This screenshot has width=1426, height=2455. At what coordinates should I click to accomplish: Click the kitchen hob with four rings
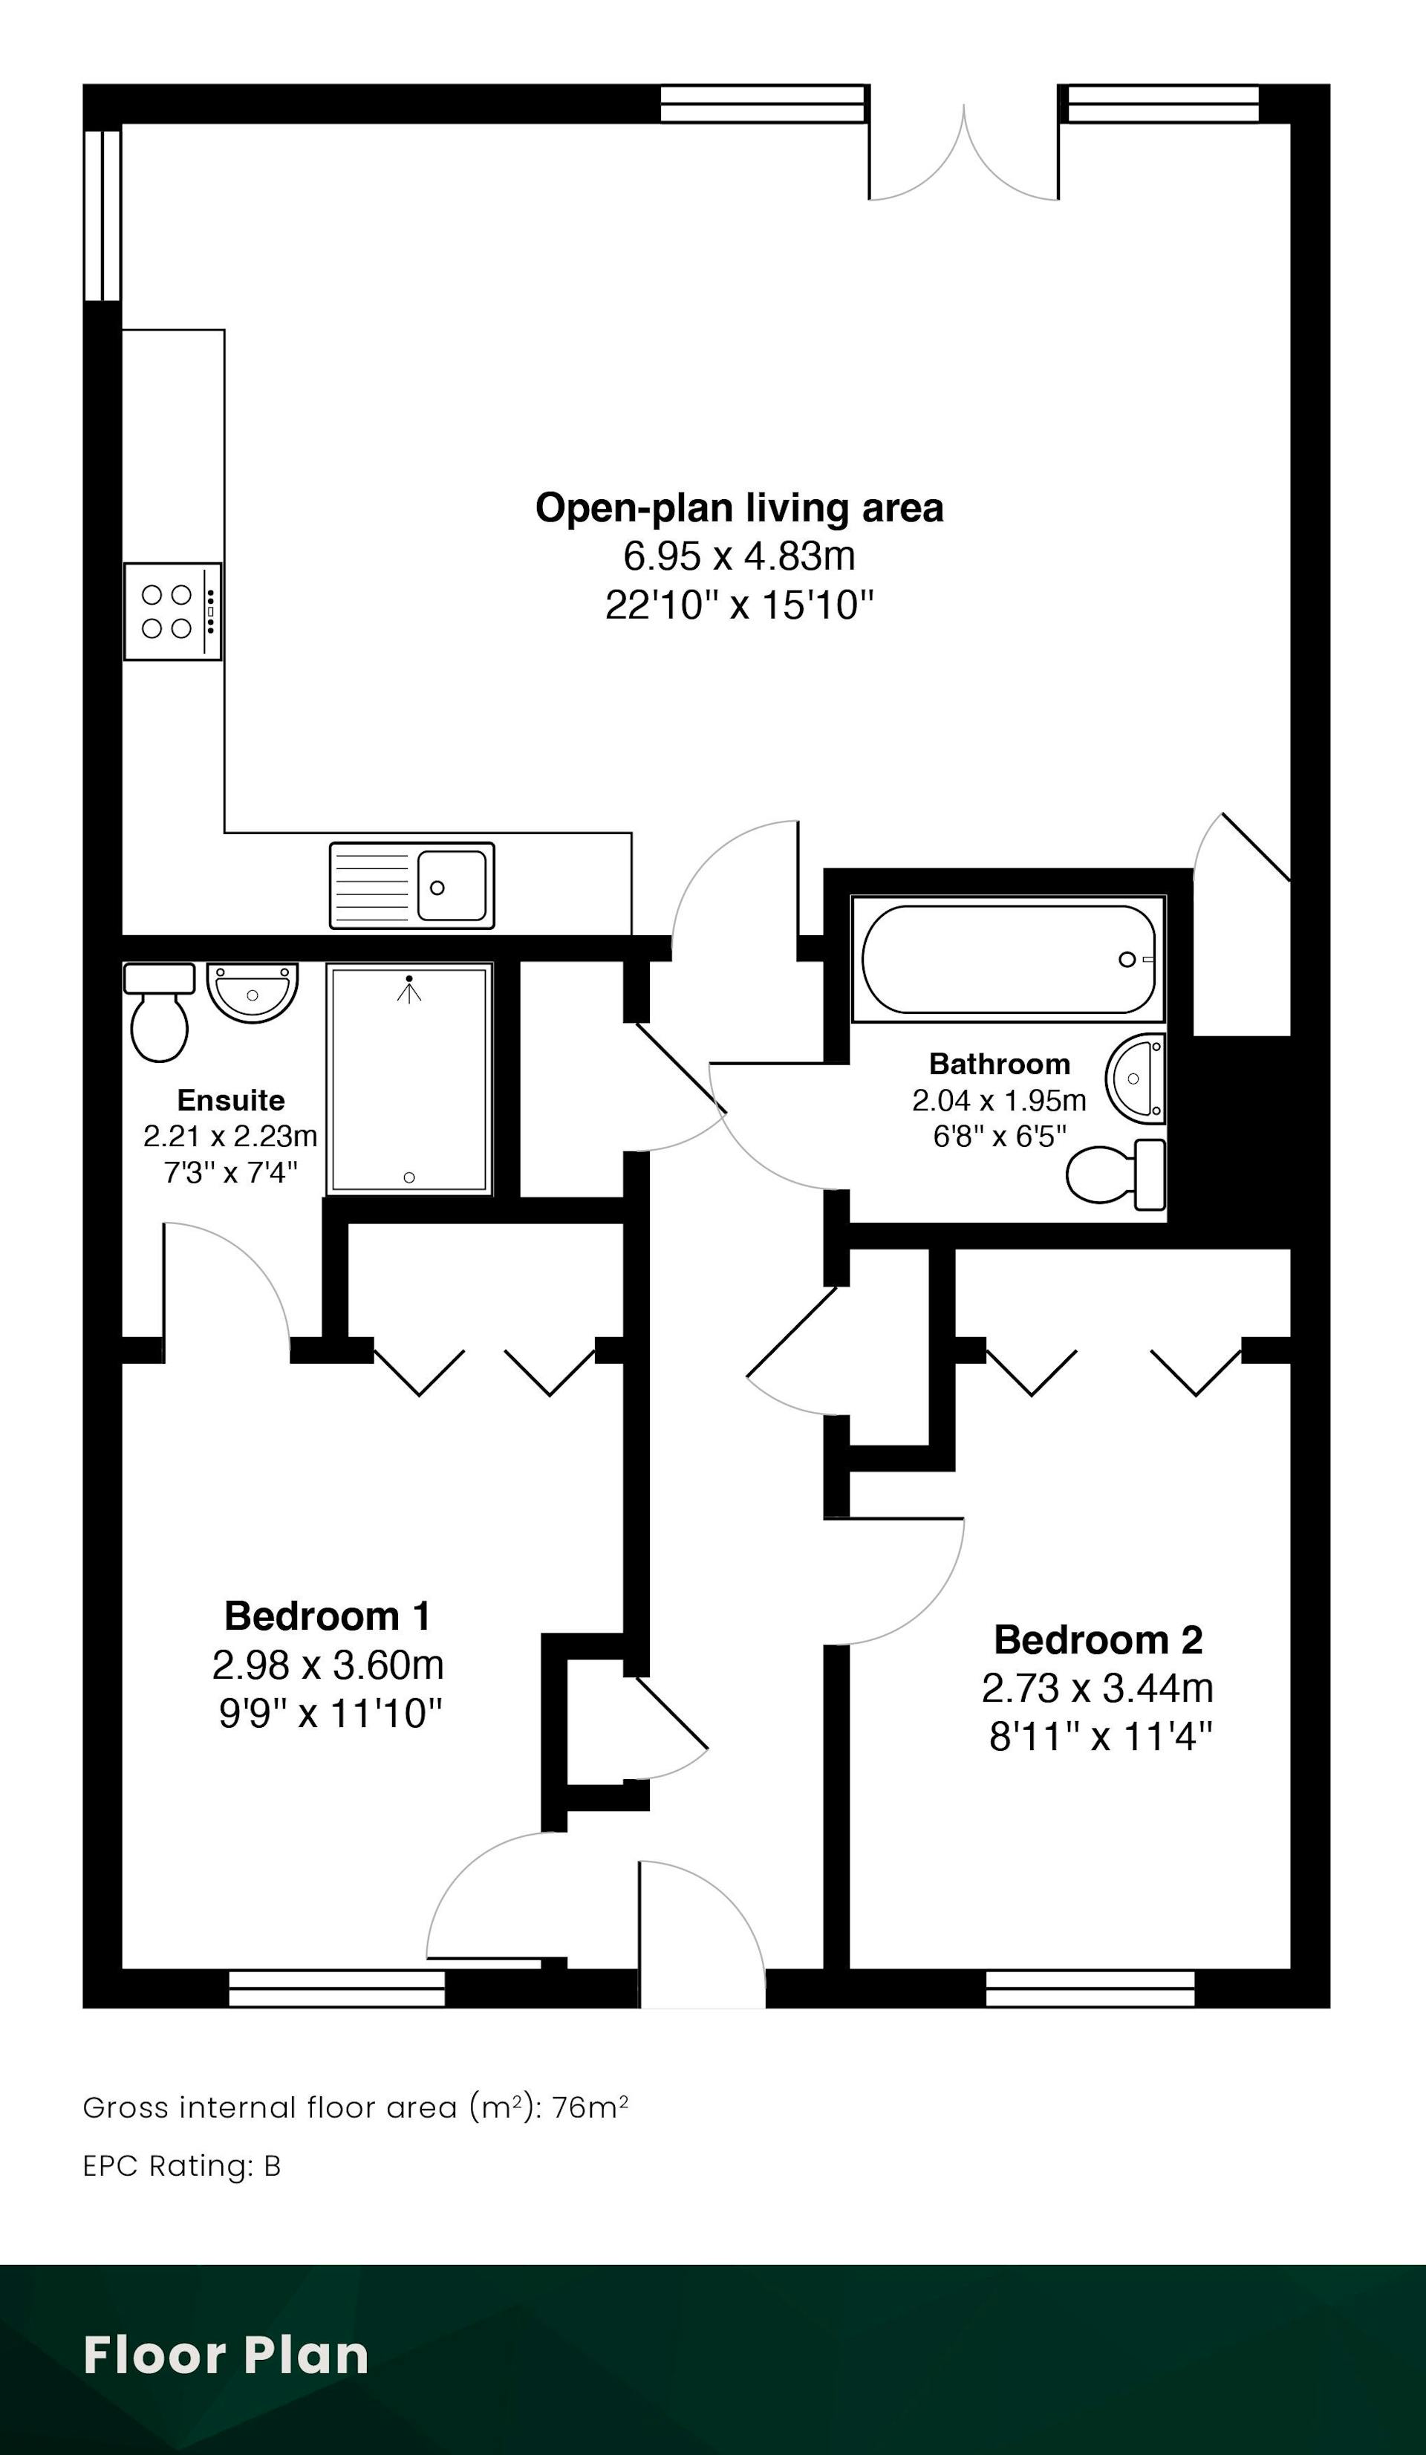click(x=172, y=611)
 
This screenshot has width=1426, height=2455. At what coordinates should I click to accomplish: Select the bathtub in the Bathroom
click(x=1008, y=959)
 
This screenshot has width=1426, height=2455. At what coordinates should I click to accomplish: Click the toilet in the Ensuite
click(x=159, y=1011)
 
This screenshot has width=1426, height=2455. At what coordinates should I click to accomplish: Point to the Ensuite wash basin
click(x=253, y=992)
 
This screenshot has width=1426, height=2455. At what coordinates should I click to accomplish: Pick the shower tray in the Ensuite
click(x=409, y=1079)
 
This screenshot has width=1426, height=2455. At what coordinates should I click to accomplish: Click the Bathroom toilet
click(x=1116, y=1173)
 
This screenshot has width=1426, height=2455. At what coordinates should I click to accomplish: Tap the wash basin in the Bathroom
click(x=1136, y=1079)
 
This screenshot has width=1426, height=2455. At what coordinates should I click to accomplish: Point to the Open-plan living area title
click(x=739, y=507)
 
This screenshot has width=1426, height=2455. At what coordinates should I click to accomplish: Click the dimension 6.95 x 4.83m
click(x=739, y=556)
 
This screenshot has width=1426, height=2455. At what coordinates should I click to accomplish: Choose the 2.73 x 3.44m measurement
click(x=1098, y=1688)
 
